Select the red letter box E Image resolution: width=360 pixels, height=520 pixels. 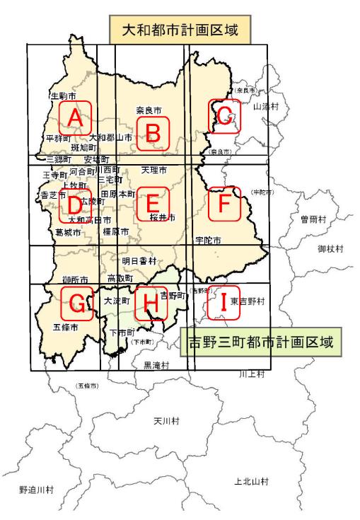(x=152, y=203)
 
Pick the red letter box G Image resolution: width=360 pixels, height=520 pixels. (x=77, y=303)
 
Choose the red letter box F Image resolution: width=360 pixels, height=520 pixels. (x=224, y=203)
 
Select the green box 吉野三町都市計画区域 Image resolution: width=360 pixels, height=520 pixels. (x=261, y=342)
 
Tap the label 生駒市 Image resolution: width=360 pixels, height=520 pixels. (x=63, y=95)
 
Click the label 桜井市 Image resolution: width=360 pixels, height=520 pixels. (x=162, y=217)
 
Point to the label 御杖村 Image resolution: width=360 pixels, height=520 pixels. (x=330, y=249)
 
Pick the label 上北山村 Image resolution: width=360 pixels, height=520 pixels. (x=251, y=480)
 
